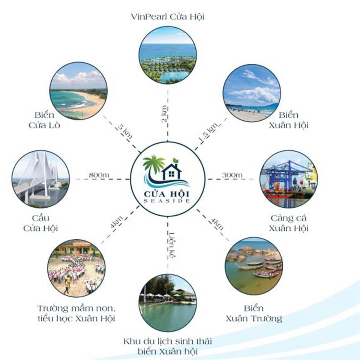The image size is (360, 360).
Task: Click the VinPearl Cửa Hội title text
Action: tap(168, 17)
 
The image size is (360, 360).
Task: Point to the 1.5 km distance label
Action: tap(208, 132)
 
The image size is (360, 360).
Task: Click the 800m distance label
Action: tap(99, 175)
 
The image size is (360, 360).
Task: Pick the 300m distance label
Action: tap(232, 175)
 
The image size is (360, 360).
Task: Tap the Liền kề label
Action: tap(172, 245)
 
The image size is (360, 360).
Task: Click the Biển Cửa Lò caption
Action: tap(44, 120)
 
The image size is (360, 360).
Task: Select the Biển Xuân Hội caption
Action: tap(288, 120)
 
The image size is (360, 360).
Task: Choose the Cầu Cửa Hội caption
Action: tap(40, 223)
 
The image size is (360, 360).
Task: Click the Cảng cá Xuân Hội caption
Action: tap(288, 223)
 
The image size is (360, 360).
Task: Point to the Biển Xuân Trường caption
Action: tap(254, 313)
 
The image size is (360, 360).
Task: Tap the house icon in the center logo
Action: tap(172, 171)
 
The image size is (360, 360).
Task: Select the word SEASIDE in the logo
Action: tap(166, 201)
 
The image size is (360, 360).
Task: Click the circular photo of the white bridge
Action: tap(40, 179)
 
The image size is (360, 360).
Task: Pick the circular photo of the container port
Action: tap(289, 179)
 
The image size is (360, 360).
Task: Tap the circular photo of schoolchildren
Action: tap(76, 268)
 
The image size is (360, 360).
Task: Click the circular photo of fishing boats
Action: tap(254, 266)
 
